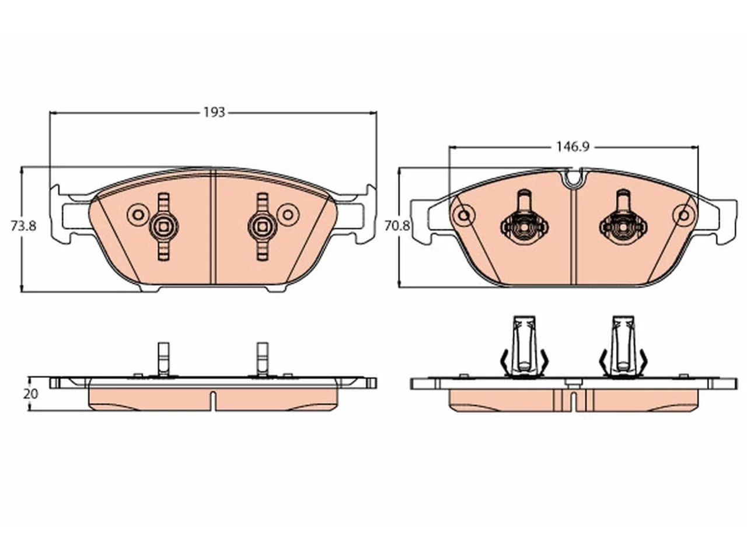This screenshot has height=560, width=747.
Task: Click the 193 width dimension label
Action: click(214, 112)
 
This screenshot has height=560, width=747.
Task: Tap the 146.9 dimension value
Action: click(573, 147)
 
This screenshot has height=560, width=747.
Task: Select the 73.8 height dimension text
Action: click(23, 226)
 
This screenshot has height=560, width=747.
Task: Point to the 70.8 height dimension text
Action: click(397, 226)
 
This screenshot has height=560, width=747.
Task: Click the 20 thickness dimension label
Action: click(30, 394)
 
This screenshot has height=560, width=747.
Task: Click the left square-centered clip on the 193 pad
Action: click(164, 226)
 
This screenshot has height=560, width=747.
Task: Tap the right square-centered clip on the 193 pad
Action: click(262, 226)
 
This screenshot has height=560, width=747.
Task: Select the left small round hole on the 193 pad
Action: click(138, 215)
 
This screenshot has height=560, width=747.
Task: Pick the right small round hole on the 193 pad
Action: click(288, 215)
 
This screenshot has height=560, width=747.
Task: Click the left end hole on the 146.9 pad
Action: click(464, 215)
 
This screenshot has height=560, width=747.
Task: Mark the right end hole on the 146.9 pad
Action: click(684, 215)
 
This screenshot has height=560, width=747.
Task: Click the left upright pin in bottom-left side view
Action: click(163, 359)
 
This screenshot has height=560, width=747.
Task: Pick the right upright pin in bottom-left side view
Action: click(262, 359)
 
